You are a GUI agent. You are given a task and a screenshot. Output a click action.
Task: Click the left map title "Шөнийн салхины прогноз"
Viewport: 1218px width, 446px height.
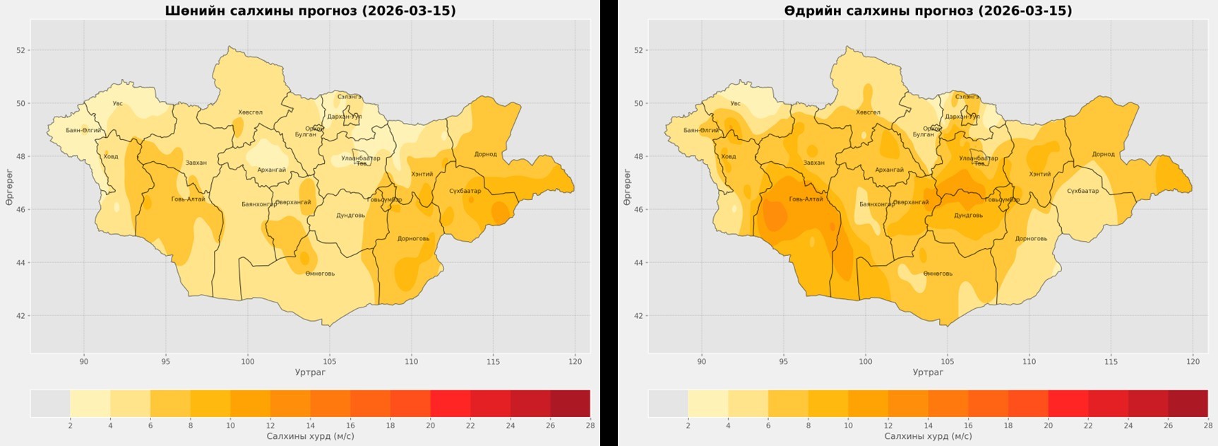310,11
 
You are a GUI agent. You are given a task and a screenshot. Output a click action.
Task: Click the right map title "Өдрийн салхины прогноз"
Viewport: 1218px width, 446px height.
928,11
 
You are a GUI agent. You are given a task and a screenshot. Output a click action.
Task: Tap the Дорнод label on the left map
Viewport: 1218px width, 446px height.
485,154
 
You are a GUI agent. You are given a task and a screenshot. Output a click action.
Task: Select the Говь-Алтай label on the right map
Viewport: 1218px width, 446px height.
806,199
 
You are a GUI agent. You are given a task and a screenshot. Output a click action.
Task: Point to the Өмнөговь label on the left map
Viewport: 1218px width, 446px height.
320,274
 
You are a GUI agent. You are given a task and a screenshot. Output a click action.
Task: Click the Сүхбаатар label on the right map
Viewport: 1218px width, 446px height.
1082,191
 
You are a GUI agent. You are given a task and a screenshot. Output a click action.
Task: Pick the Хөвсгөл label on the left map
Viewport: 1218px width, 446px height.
250,112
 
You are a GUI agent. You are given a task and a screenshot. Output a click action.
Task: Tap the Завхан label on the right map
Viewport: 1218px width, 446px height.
813,163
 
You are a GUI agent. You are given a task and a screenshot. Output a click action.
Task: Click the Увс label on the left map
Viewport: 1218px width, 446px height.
117,103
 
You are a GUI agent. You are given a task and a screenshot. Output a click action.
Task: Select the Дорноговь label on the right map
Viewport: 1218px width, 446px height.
1031,238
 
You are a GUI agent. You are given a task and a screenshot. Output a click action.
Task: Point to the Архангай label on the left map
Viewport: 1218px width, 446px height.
271,170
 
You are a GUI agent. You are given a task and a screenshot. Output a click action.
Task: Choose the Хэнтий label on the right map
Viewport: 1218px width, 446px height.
1039,174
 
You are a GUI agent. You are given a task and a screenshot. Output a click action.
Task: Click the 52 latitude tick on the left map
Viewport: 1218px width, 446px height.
21,50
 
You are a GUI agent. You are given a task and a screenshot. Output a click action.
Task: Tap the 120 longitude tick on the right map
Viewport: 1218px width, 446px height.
1193,362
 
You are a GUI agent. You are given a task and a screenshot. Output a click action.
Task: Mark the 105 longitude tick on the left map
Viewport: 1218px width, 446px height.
330,362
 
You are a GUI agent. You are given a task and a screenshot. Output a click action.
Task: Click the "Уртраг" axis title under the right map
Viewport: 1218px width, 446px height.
928,372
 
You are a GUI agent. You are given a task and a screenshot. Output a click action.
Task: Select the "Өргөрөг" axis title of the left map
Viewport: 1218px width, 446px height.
9,187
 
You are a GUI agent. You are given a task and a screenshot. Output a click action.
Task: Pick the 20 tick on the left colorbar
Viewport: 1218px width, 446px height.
430,426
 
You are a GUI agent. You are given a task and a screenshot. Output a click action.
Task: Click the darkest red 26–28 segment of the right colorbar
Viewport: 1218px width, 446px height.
1188,403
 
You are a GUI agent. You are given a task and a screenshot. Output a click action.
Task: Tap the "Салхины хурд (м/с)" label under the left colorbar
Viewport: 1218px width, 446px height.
310,436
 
